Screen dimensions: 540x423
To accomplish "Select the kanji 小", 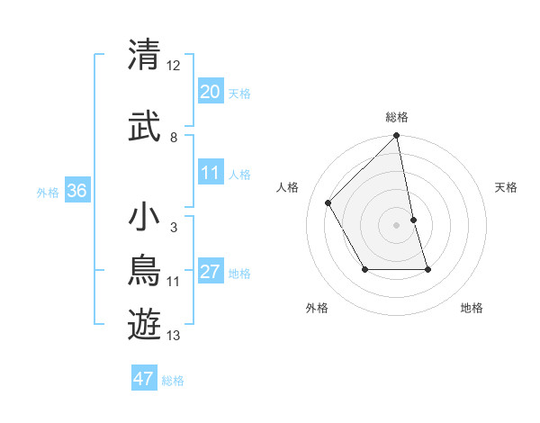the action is [x=145, y=218].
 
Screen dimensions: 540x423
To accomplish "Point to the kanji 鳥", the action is [x=145, y=271].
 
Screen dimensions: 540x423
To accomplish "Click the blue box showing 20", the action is [x=210, y=92].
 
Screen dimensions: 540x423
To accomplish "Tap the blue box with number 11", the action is [x=210, y=173].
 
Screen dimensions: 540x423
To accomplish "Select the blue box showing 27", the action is [x=210, y=272].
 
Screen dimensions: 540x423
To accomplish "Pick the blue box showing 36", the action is [x=76, y=191].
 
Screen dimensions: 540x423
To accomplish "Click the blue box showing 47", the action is [x=144, y=379].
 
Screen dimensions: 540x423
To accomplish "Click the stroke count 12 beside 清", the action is [x=174, y=66].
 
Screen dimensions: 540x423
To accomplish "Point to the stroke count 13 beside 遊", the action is [x=174, y=336].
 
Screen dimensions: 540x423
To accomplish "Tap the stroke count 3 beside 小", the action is [x=173, y=228].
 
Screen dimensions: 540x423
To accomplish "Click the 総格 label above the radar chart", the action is [x=397, y=117].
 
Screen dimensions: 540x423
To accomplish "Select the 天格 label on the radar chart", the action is [x=507, y=187].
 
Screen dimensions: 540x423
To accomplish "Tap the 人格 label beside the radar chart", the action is [x=288, y=187].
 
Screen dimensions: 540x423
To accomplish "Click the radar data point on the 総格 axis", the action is [x=397, y=136].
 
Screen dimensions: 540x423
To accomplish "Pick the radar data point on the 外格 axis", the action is [x=364, y=269].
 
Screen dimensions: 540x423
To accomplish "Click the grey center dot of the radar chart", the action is [x=397, y=225].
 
